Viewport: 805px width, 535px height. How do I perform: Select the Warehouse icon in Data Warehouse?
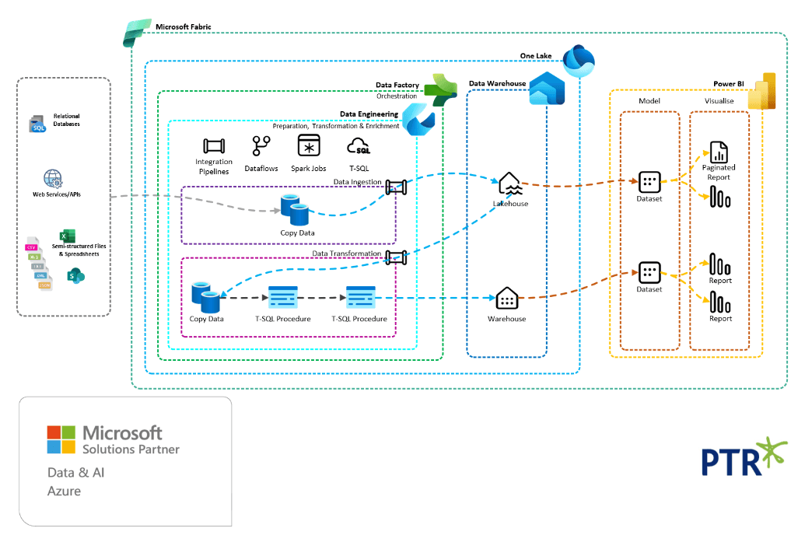point(506,299)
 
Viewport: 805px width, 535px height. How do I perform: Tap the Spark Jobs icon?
point(309,147)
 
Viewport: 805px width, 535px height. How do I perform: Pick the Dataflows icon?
point(261,146)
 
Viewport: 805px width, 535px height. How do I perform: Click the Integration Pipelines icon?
point(213,146)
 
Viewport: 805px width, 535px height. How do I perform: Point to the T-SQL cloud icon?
point(359,146)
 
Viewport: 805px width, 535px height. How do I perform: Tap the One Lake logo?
point(578,60)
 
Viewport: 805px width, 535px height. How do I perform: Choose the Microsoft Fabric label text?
point(183,26)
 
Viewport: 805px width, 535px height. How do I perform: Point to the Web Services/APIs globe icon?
point(52,180)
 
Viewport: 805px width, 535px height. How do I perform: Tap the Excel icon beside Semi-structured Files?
point(66,235)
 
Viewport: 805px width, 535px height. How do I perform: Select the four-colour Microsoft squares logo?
point(61,439)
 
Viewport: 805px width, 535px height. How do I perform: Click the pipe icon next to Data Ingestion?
point(397,186)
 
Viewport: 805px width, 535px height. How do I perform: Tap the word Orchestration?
point(397,96)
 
